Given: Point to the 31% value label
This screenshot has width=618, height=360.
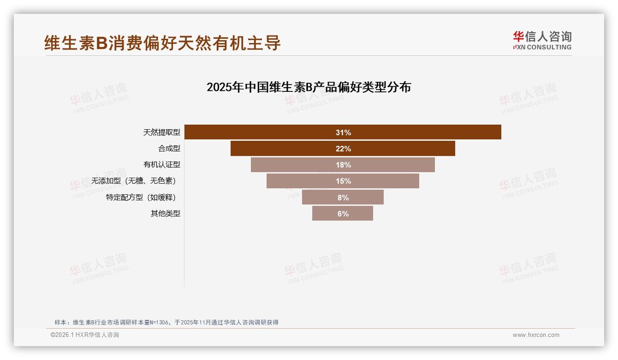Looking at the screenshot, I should coord(343,132).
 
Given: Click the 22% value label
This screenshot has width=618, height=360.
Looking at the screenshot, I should coord(343,149).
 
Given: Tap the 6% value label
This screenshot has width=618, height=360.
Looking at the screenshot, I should coord(343,214).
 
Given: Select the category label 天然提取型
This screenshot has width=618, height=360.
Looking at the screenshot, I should coord(161,132).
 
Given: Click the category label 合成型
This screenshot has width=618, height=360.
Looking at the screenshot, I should coord(169,149).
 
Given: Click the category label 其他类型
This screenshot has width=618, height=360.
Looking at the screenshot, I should coord(165,214).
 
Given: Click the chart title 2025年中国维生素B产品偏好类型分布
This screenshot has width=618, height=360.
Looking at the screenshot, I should coord(309,87).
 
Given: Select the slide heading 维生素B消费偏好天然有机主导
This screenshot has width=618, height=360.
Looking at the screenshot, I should coord(162,43).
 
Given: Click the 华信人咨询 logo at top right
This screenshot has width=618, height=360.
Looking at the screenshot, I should coord(542,41).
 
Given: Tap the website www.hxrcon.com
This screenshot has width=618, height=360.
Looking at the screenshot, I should coord(536,335).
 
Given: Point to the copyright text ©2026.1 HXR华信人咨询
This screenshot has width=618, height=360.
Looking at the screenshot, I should coord(85,335).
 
